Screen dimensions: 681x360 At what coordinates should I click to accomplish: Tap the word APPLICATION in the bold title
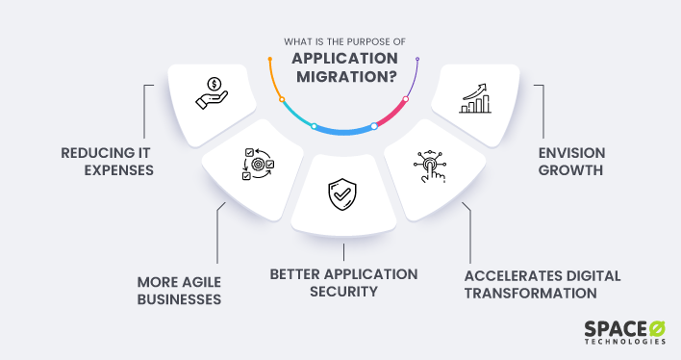(341, 58)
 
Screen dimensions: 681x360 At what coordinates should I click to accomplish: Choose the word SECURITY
(343, 293)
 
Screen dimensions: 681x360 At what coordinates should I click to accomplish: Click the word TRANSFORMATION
(530, 294)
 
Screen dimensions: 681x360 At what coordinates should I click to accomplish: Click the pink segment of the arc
(394, 114)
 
